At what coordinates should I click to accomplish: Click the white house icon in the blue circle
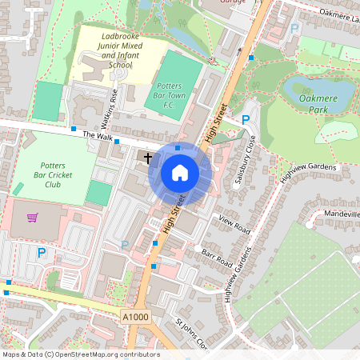pyautogui.click(x=180, y=173)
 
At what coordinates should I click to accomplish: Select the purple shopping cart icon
pyautogui.click(x=33, y=217)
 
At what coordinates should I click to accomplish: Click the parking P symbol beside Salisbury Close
pyautogui.click(x=246, y=120)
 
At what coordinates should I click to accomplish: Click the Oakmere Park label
pyautogui.click(x=319, y=104)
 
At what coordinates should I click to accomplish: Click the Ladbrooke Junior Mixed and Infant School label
pyautogui.click(x=111, y=50)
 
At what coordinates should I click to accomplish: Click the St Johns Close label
pyautogui.click(x=191, y=335)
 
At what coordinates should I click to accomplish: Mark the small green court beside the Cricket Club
pyautogui.click(x=98, y=193)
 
